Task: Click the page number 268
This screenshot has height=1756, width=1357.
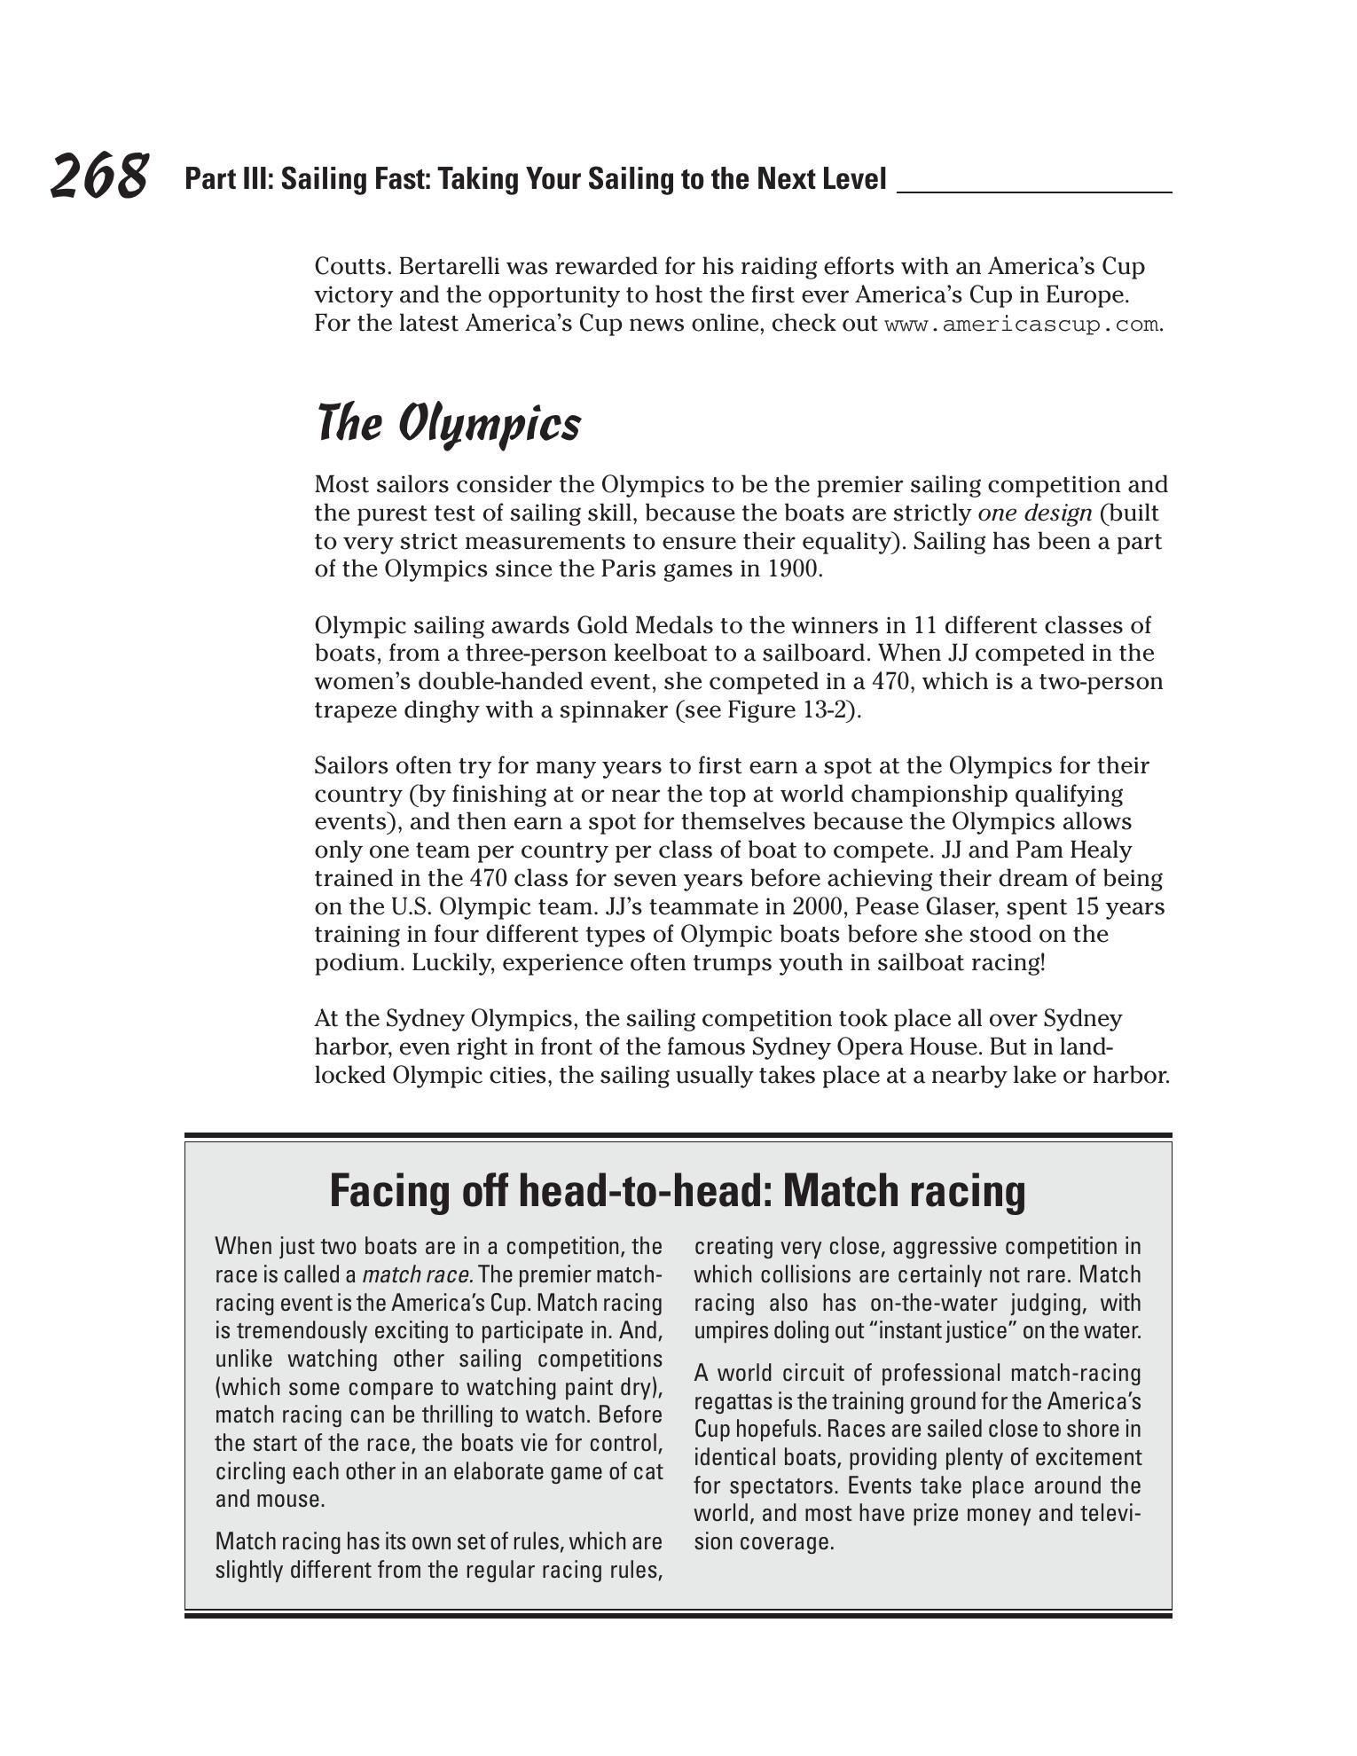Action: click(98, 176)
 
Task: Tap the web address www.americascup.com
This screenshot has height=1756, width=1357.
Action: click(1022, 325)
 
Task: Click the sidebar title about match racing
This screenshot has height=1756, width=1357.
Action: click(678, 1190)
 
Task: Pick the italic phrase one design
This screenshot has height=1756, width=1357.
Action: click(1034, 513)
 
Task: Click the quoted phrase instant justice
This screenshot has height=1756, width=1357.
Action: click(943, 1331)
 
